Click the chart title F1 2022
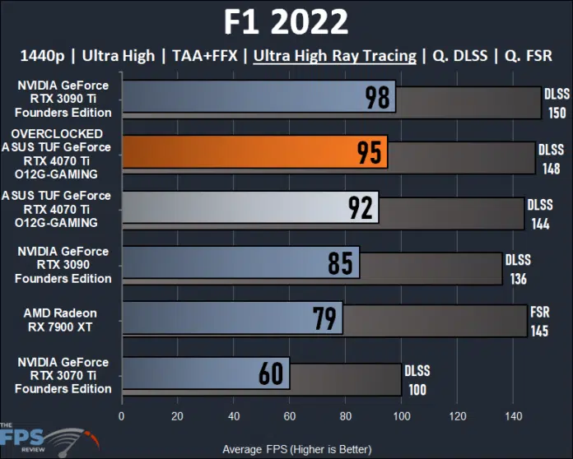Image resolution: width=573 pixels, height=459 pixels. click(x=286, y=21)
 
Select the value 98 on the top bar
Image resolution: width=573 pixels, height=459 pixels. click(x=378, y=99)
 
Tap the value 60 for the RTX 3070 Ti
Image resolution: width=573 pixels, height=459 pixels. click(x=273, y=373)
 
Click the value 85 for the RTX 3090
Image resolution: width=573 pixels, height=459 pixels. click(x=341, y=263)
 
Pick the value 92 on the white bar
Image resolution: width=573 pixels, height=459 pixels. click(x=361, y=208)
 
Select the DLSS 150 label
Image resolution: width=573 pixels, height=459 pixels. click(x=557, y=103)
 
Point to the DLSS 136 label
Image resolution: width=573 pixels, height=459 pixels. click(x=519, y=269)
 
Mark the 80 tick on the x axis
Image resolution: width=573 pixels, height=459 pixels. click(x=345, y=415)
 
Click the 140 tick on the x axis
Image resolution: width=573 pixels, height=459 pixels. click(x=512, y=415)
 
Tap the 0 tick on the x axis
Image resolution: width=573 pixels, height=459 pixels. click(x=122, y=415)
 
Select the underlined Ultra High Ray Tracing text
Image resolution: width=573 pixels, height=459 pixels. click(x=335, y=57)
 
